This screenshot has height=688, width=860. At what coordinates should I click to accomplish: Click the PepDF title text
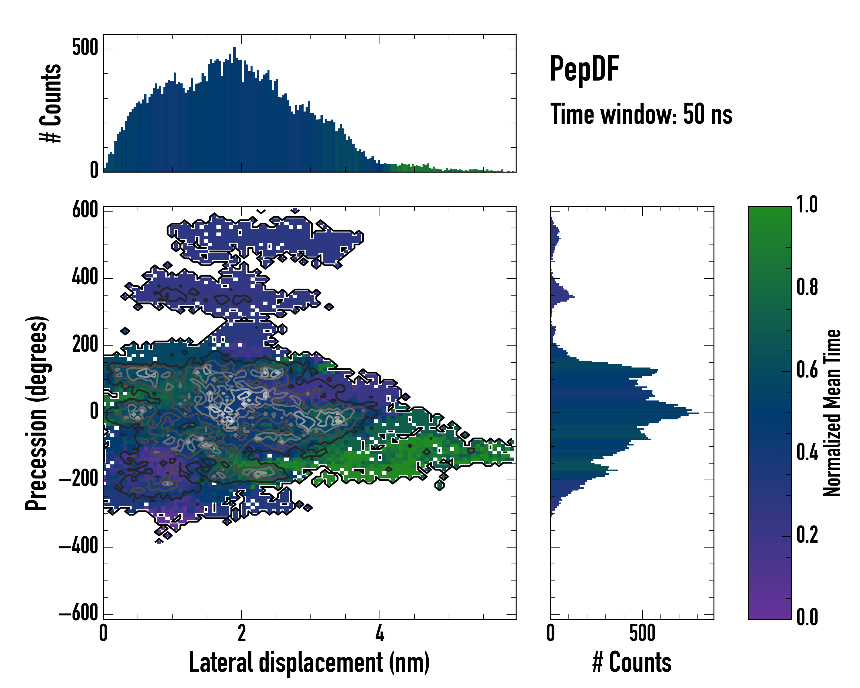point(584,69)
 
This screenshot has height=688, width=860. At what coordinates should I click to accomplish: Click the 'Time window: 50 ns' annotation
point(641,114)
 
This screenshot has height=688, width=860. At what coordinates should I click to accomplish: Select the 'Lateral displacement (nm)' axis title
point(309,662)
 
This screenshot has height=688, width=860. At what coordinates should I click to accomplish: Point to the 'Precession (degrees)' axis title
point(37,413)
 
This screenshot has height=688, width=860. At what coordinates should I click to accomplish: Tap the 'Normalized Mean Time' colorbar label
point(832,413)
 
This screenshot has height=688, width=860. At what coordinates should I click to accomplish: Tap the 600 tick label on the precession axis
point(85,210)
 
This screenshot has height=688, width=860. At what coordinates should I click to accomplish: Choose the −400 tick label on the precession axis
point(79,546)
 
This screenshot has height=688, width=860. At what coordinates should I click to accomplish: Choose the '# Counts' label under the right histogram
point(632,662)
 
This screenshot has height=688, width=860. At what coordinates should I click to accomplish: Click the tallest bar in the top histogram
point(234,110)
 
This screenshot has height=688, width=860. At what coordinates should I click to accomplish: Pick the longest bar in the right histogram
point(624,413)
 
